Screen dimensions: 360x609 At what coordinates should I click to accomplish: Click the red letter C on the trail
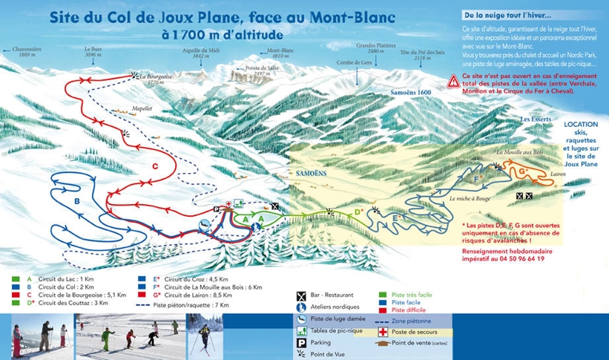[155, 166]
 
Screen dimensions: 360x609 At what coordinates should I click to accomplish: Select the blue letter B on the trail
[76, 200]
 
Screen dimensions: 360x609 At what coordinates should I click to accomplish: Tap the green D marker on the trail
[358, 212]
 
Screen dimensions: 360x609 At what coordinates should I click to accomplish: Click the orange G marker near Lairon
[523, 171]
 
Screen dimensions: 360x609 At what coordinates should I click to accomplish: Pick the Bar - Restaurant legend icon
[302, 295]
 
